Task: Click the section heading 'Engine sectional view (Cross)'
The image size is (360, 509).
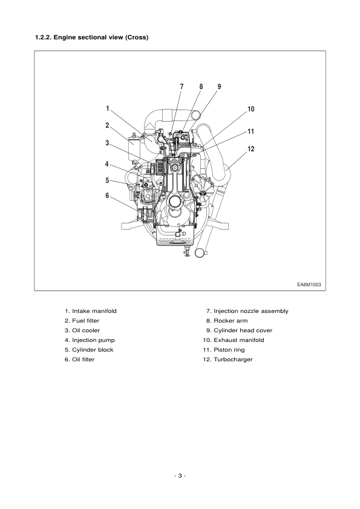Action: coord(93,38)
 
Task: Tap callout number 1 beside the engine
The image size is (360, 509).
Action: coord(107,109)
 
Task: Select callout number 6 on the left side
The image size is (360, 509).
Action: coord(107,195)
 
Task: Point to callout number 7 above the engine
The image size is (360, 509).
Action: coord(181,87)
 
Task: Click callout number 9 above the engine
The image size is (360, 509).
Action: coord(219,87)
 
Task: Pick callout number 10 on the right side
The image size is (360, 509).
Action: coord(250,110)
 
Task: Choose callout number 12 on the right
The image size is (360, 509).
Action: coord(250,148)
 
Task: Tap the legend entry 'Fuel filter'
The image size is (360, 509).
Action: coord(85,320)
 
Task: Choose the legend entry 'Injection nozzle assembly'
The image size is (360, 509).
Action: coord(250,311)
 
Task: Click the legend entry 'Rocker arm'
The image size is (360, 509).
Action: coord(231,320)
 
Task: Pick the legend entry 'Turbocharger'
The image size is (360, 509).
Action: coord(233,359)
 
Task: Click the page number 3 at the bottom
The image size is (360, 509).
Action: coord(180,476)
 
